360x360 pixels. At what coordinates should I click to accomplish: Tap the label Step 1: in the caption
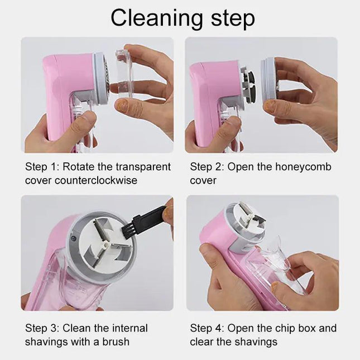click(43, 166)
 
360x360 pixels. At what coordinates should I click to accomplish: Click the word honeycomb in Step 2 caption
click(307, 166)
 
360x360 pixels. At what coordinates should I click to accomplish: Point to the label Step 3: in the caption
click(43, 328)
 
